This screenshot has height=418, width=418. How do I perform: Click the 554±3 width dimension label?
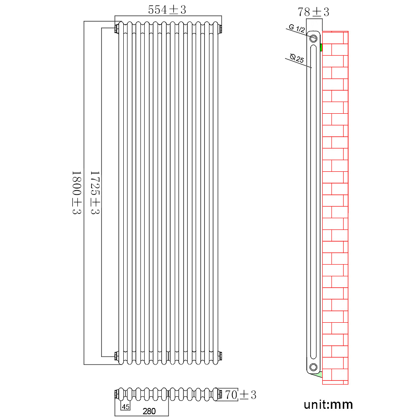(167, 10)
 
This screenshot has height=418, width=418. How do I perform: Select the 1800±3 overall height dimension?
(76, 192)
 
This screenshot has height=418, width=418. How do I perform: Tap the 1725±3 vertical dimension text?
(95, 192)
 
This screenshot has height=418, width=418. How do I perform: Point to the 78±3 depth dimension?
(313, 12)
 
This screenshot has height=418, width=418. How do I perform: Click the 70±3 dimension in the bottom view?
(240, 394)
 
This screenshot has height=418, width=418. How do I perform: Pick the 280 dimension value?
(148, 411)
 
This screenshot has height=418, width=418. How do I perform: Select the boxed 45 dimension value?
(125, 406)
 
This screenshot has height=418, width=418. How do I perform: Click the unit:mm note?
(328, 405)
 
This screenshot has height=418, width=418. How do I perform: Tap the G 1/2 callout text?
(297, 29)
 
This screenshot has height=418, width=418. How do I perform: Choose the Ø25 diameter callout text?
(296, 58)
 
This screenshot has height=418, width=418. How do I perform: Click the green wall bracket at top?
(321, 47)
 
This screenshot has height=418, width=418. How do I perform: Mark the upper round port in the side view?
(313, 38)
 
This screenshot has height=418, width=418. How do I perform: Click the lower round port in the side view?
(313, 367)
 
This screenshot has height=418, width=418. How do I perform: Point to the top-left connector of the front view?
(116, 29)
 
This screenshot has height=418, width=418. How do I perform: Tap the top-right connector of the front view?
(221, 29)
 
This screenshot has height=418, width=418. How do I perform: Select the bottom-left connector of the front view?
(116, 356)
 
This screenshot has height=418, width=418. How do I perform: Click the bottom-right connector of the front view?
(221, 356)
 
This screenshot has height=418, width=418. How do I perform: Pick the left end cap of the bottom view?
(116, 394)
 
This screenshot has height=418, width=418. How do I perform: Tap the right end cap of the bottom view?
(220, 394)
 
